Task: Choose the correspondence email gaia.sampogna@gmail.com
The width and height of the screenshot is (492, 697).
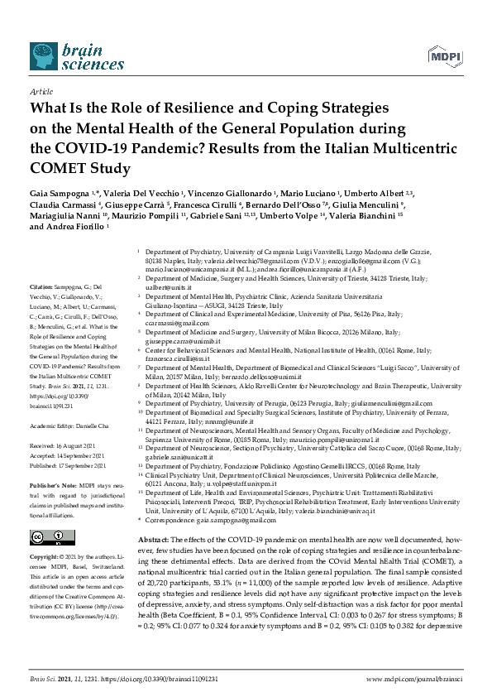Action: click(x=230, y=520)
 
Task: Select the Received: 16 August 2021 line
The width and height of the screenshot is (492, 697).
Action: click(x=63, y=445)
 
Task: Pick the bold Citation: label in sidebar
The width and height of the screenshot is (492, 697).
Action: click(x=41, y=284)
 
